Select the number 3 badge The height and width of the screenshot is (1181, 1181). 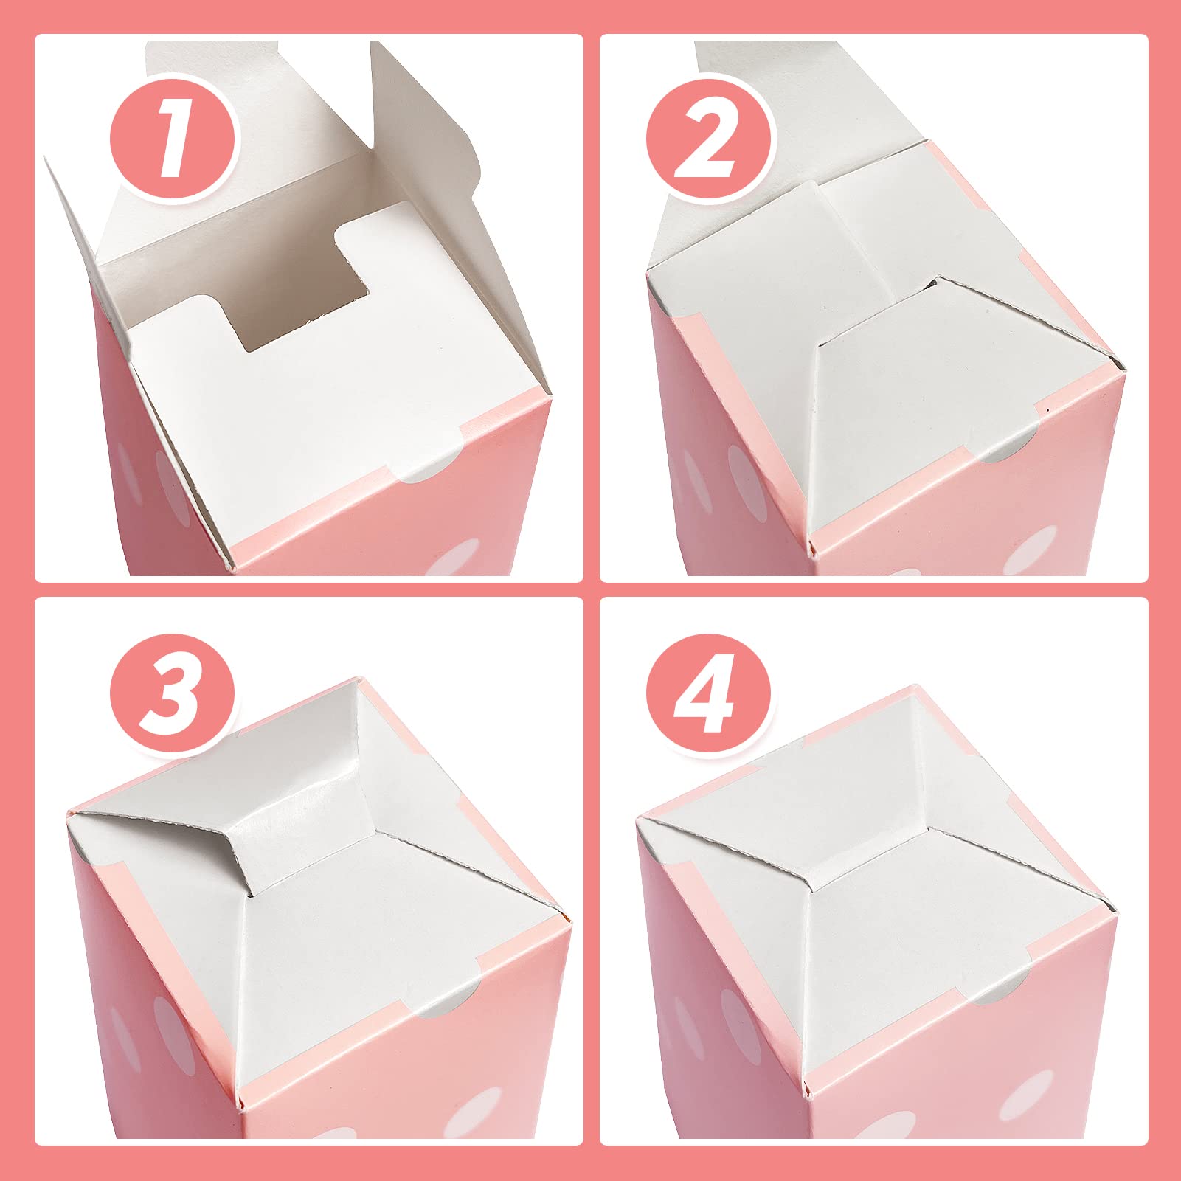173,696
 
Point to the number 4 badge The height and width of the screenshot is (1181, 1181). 708,696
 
